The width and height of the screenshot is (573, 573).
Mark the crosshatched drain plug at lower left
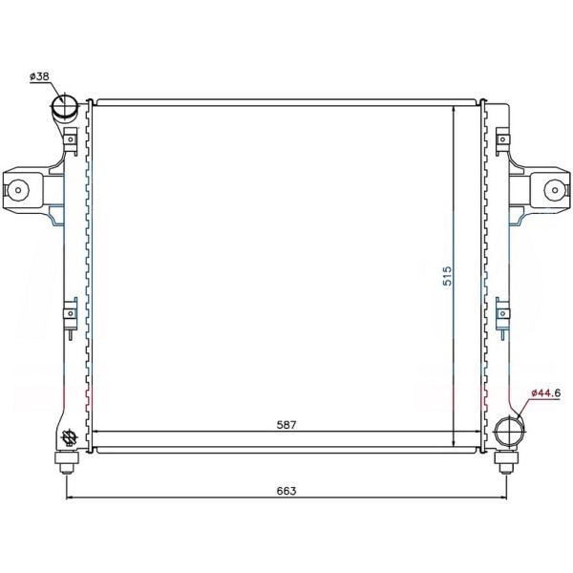coord(69,437)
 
